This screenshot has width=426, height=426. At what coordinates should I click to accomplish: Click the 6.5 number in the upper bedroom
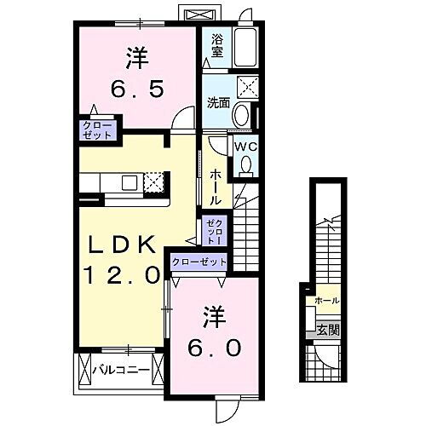pyautogui.click(x=136, y=88)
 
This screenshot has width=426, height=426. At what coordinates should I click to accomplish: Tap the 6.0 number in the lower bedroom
pyautogui.click(x=214, y=348)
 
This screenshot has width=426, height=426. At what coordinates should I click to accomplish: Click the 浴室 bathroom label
pyautogui.click(x=216, y=44)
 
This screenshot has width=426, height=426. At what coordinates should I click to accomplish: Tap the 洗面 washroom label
pyautogui.click(x=219, y=103)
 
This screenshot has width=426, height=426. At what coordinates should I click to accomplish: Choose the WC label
pyautogui.click(x=245, y=146)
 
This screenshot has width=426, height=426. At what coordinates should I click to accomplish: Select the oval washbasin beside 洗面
pyautogui.click(x=243, y=115)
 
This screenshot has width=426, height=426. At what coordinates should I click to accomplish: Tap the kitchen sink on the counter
pyautogui.click(x=130, y=181)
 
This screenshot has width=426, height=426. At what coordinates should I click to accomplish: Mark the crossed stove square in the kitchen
pyautogui.click(x=155, y=181)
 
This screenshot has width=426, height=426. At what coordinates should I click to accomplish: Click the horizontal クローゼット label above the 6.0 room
pyautogui.click(x=199, y=262)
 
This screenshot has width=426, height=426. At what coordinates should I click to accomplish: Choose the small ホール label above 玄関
pyautogui.click(x=327, y=301)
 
